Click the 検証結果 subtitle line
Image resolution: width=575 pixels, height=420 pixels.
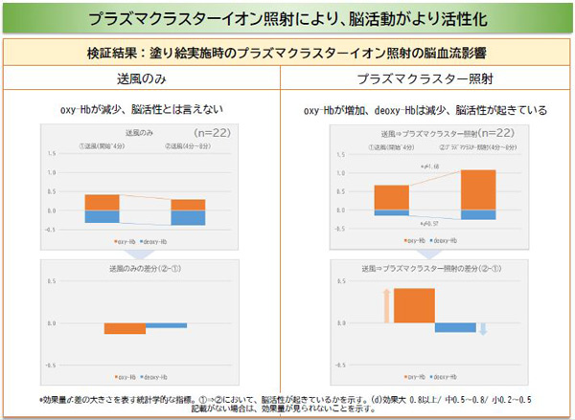click(287, 52)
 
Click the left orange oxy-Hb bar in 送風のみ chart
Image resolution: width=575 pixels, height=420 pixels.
click(102, 202)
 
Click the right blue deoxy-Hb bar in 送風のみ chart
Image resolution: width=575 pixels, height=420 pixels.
click(188, 217)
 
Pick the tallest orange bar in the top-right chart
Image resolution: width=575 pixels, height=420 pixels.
click(478, 189)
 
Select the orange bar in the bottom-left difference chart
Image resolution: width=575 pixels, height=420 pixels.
click(125, 329)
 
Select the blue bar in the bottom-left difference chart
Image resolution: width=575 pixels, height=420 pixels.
click(167, 325)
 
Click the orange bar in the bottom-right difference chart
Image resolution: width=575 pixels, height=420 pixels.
click(413, 305)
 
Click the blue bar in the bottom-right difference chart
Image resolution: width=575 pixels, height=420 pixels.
click(455, 327)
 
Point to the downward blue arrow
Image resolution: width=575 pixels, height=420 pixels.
click(483, 330)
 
